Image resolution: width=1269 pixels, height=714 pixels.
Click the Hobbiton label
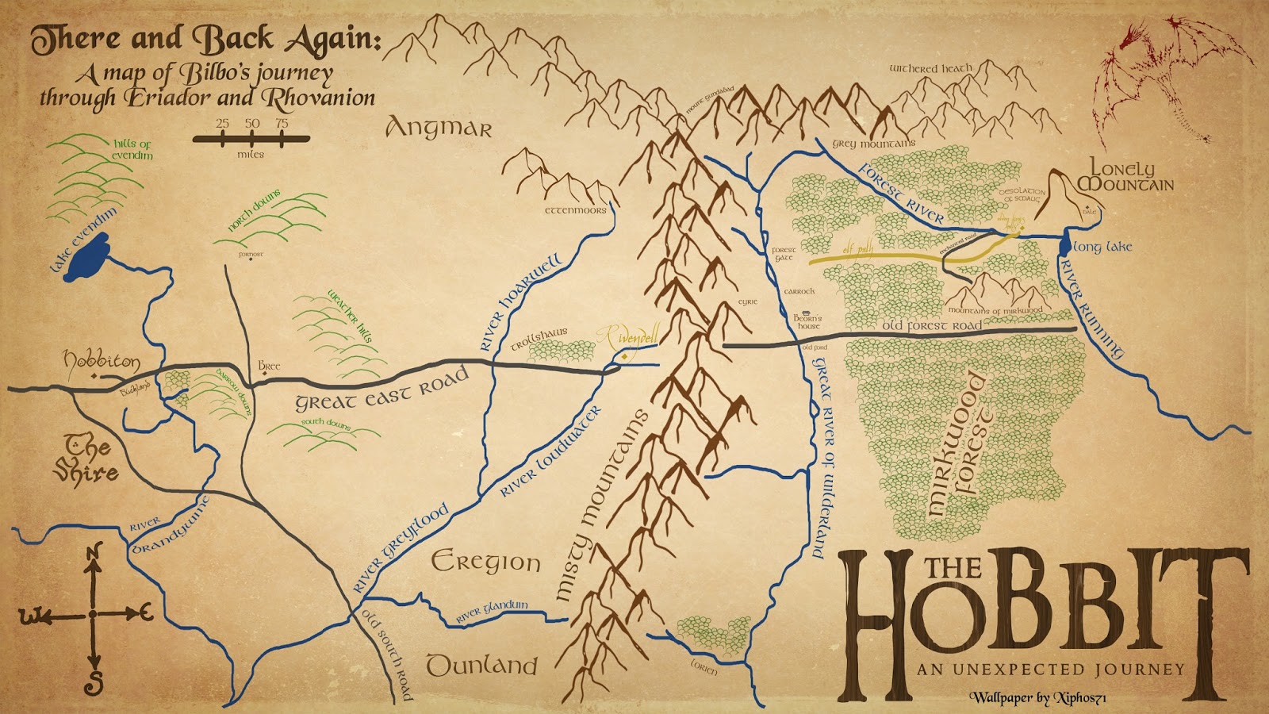coord(102,361)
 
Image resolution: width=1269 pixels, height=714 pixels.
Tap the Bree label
coord(269,366)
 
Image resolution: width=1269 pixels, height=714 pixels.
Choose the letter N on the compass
coord(94,553)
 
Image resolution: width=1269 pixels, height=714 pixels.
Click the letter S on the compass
coord(94,681)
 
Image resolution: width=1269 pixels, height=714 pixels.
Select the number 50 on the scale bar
coord(251,124)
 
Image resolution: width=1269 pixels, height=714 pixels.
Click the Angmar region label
coord(439,128)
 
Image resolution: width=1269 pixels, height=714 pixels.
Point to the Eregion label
coord(485,562)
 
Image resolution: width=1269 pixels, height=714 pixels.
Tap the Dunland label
coord(481,665)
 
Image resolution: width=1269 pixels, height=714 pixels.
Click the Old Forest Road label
coord(932,325)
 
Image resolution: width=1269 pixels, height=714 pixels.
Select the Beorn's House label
coord(807,321)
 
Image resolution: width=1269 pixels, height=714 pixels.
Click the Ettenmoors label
coord(575,210)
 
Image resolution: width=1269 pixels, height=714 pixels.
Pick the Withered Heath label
coord(930,69)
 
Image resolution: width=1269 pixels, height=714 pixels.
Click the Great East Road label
coord(382,390)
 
